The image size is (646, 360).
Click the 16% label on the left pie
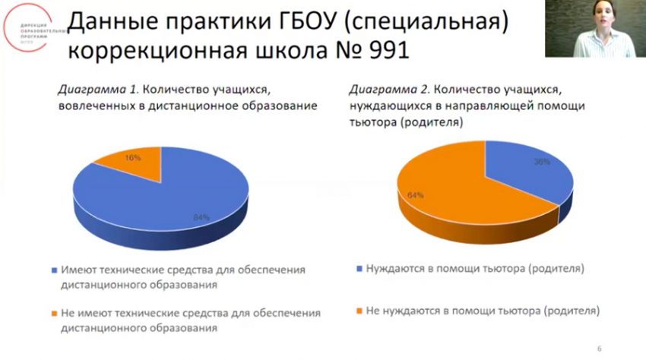[x=133, y=158]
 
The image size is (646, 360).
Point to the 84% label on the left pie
[x=201, y=218]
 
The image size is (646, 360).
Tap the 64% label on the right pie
[x=416, y=195]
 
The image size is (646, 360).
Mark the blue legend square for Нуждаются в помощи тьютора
[x=358, y=270]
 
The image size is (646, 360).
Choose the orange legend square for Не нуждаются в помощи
[x=358, y=312]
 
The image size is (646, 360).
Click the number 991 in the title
[x=383, y=50]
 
